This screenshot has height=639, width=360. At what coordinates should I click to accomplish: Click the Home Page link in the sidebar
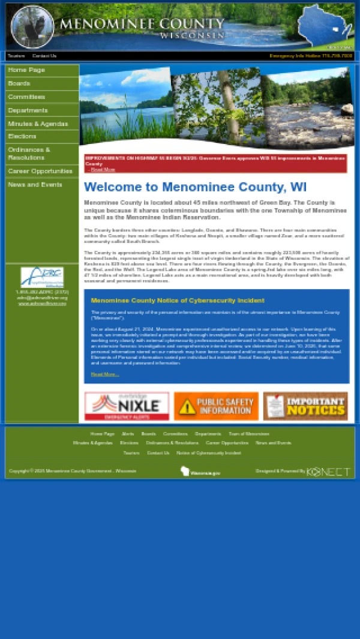tap(26, 70)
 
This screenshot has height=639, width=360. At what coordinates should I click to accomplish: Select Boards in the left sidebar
tap(19, 83)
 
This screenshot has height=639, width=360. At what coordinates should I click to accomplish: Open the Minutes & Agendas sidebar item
tap(38, 124)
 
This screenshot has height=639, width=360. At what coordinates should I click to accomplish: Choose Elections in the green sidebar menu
tap(22, 137)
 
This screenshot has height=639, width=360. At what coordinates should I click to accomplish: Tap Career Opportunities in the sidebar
tap(40, 172)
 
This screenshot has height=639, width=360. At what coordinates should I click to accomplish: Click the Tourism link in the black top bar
tap(16, 56)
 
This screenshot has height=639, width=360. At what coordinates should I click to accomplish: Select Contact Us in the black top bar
tap(44, 56)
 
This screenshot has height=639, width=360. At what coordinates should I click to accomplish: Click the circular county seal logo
tap(32, 26)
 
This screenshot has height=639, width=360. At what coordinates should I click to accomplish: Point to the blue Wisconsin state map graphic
tap(326, 25)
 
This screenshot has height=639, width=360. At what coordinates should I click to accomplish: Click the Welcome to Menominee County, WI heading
tap(195, 187)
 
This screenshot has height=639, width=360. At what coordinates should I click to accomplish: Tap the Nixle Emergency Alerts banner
tap(127, 406)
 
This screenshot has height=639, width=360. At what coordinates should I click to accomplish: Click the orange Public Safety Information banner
tap(216, 406)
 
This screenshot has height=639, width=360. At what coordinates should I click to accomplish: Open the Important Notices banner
tap(305, 406)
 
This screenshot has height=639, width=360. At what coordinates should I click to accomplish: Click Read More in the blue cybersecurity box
tap(105, 374)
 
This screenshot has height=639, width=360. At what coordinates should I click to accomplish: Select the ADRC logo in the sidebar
tap(42, 277)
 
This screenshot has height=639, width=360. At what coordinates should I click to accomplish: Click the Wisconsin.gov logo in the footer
tap(200, 472)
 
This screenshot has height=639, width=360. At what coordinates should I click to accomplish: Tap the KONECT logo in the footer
tap(328, 472)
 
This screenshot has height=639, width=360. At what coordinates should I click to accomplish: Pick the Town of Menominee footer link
tap(248, 434)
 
